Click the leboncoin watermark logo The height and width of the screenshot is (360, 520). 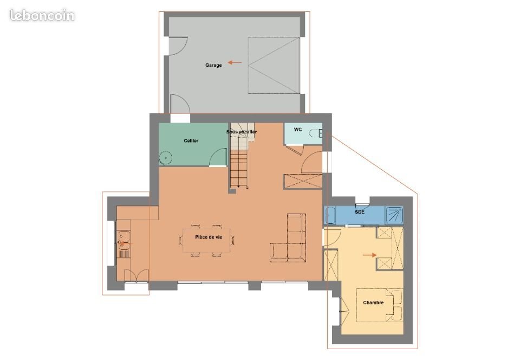42,15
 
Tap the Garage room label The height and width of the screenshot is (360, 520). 213,66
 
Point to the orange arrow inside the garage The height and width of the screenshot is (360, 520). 235,62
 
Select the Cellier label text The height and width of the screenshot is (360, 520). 191,141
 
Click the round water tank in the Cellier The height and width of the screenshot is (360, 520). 165,158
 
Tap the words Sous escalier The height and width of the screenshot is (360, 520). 242,132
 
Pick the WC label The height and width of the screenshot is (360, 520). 298,130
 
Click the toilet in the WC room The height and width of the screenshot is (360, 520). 315,133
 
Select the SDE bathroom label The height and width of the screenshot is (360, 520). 359,211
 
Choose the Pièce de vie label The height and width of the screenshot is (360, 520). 209,237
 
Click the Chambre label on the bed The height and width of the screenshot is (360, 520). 373,303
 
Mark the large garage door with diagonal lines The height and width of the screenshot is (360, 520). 274,65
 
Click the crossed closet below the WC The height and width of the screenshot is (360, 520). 303,181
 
